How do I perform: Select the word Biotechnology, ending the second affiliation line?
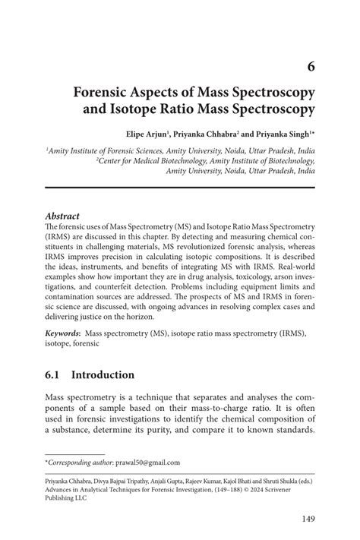pyautogui.click(x=287, y=161)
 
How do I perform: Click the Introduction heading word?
pyautogui.click(x=103, y=375)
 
